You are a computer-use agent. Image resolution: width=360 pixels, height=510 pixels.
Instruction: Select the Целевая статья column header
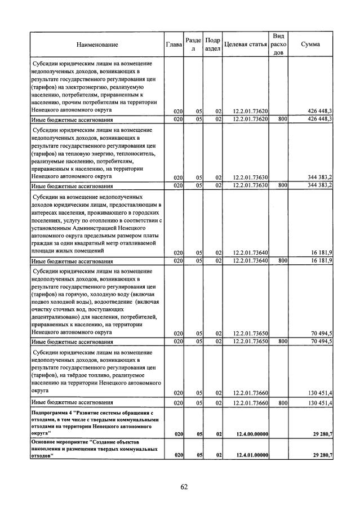tap(245, 45)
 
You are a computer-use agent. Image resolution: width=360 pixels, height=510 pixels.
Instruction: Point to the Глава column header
tap(174, 45)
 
